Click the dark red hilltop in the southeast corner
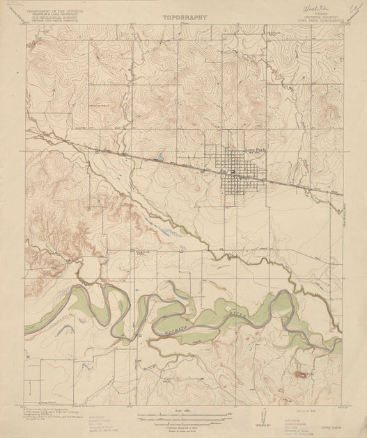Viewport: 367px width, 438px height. click(302, 374)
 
